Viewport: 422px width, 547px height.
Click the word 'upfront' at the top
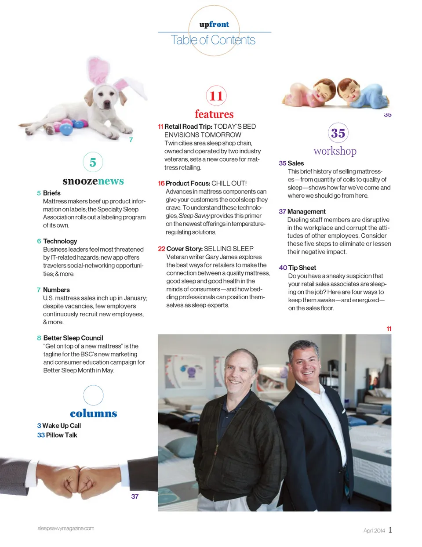(214, 25)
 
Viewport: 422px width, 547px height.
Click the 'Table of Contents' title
(213, 40)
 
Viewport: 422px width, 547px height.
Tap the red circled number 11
(216, 96)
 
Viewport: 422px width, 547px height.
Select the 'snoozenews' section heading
(93, 181)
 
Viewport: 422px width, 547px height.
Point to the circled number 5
(93, 163)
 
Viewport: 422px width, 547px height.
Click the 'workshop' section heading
(335, 151)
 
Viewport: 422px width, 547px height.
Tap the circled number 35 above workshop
(338, 133)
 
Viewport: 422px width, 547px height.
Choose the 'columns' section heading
(93, 413)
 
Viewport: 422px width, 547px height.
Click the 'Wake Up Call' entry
(62, 426)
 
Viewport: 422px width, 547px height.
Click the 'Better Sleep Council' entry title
(73, 338)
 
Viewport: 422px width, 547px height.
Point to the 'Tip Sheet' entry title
(302, 268)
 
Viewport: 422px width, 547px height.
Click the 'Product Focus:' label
(188, 183)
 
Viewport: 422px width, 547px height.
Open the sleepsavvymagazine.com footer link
(66, 528)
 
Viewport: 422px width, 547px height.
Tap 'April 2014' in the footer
(374, 530)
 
